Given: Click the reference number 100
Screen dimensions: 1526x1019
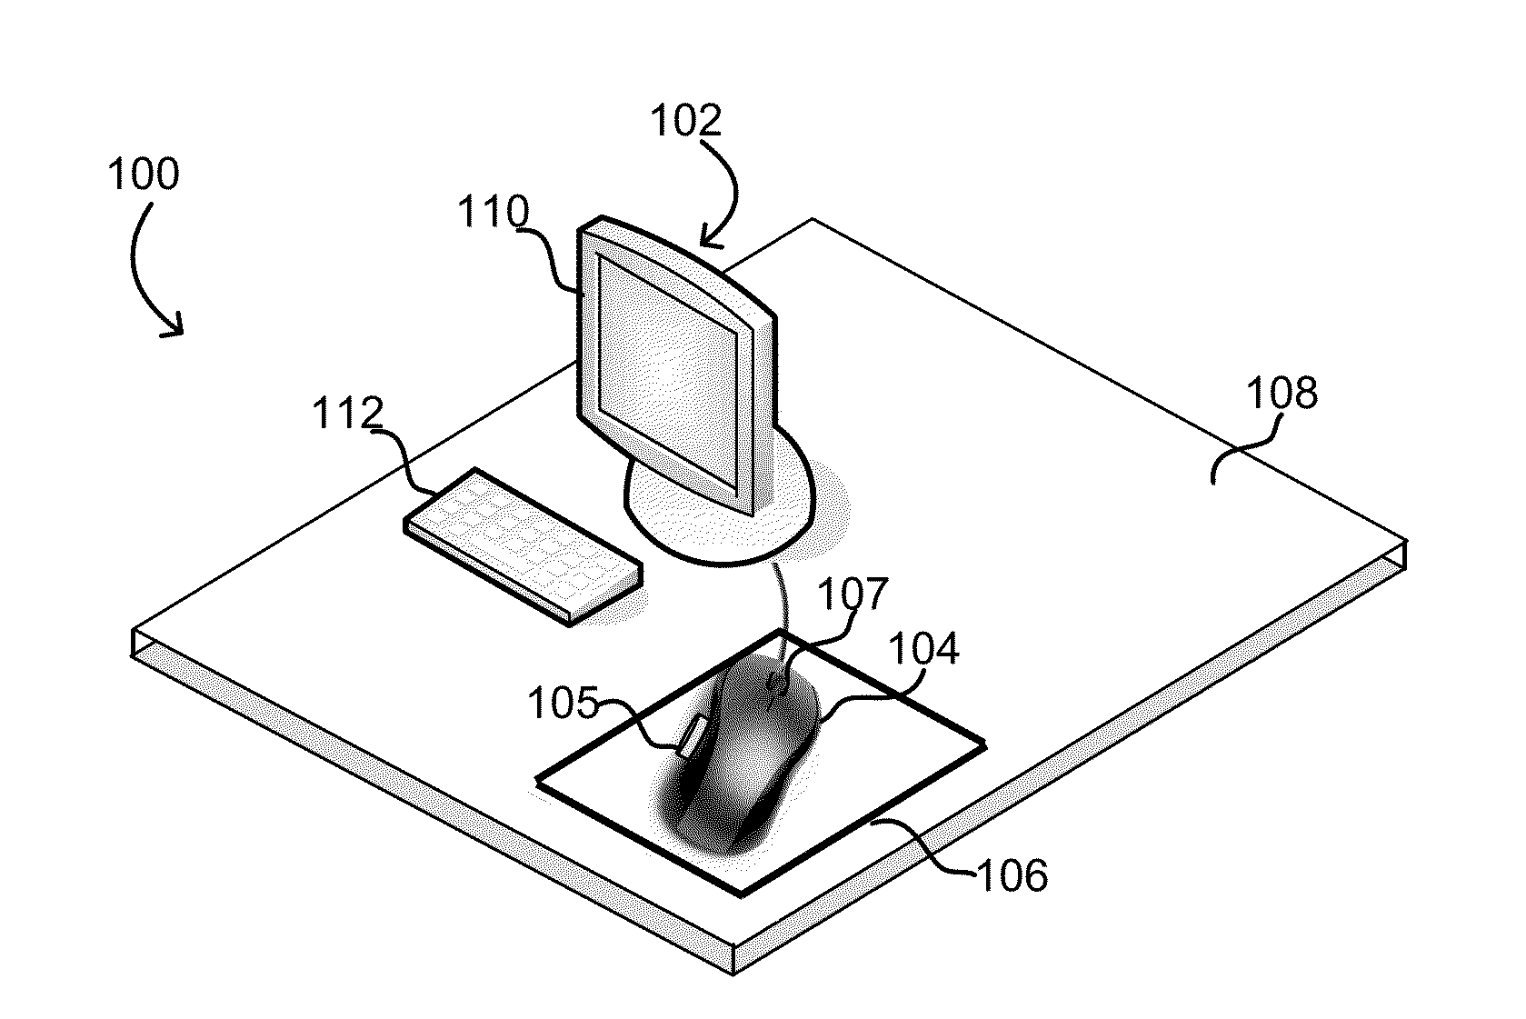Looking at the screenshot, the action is tap(144, 174).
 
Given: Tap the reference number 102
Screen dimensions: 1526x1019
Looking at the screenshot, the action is tap(686, 121).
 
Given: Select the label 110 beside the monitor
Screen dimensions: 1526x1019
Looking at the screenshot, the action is tap(493, 211).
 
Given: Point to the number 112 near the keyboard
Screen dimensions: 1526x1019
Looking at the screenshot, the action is tap(348, 413).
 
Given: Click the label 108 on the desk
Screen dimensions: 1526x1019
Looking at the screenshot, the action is tap(1282, 393).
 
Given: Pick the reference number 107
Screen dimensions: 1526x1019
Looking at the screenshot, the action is tap(853, 594).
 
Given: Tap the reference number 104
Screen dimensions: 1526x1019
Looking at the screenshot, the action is tap(924, 648).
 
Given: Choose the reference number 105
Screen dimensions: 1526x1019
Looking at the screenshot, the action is tap(564, 703).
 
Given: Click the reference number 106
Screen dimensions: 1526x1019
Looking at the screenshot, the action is tap(1013, 875).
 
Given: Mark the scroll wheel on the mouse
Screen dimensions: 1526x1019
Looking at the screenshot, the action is tap(776, 682).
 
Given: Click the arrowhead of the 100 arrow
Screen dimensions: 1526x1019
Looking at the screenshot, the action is tap(174, 327).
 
